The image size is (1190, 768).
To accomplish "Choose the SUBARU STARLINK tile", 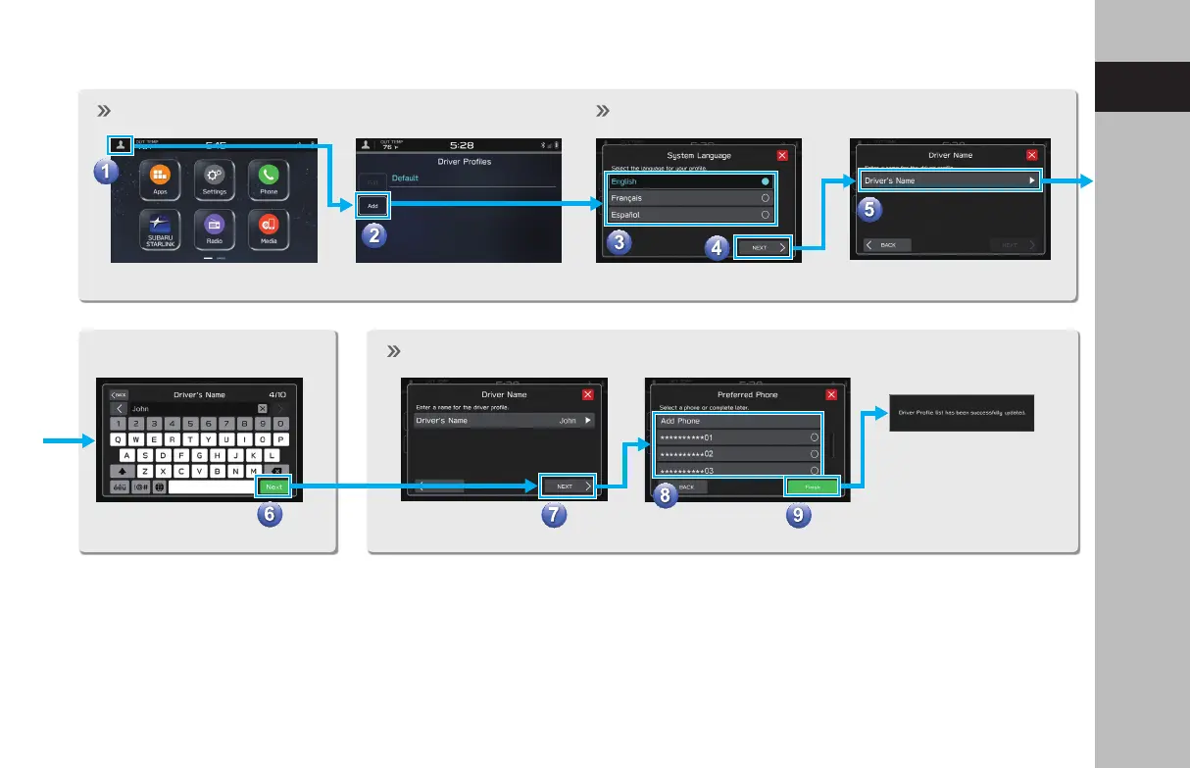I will pyautogui.click(x=159, y=228).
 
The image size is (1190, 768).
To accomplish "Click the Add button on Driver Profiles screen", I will pyautogui.click(x=372, y=206).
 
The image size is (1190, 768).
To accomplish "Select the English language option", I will pyautogui.click(x=688, y=181).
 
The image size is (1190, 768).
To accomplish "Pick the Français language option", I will pyautogui.click(x=688, y=198).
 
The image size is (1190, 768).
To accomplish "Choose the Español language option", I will pyautogui.click(x=688, y=215).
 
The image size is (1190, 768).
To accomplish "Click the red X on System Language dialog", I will pyautogui.click(x=781, y=155).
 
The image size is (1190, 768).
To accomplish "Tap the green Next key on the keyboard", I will pyautogui.click(x=273, y=486).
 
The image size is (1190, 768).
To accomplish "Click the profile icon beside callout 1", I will pyautogui.click(x=120, y=144).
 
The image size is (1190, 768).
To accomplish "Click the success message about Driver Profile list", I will pyautogui.click(x=962, y=412).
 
